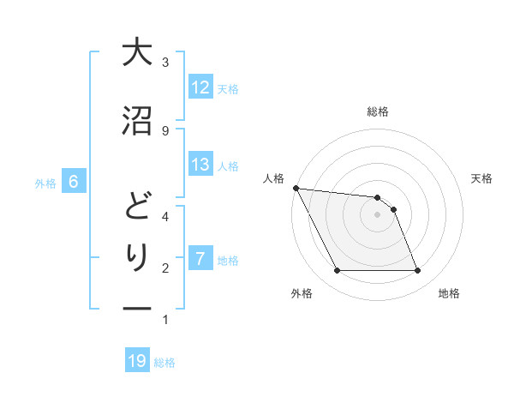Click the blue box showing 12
tap(200, 87)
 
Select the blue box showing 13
tap(200, 165)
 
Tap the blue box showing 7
tap(200, 259)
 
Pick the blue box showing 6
tap(74, 182)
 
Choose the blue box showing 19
tap(137, 361)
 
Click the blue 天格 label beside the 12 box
tap(228, 88)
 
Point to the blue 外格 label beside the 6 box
tap(45, 183)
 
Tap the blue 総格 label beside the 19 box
tap(164, 363)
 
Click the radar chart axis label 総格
tap(378, 111)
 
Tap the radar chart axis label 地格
tap(449, 294)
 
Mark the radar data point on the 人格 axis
tap(296, 188)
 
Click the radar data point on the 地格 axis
tap(417, 271)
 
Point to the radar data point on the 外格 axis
tap(337, 271)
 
